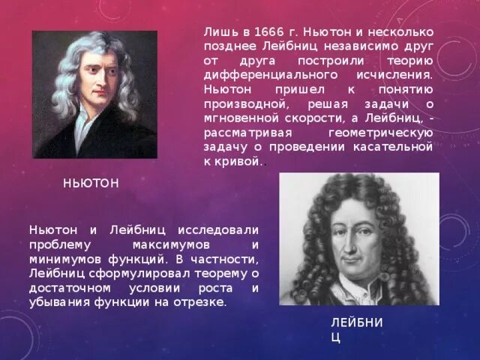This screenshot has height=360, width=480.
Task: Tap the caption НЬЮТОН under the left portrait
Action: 91,183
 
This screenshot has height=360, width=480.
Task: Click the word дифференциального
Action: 259,76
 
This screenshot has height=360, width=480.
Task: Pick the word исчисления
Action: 394,76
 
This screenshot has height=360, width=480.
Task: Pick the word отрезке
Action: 199,302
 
